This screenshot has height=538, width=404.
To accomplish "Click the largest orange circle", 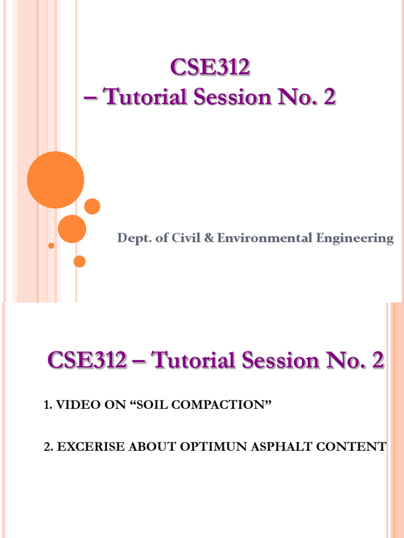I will point(55,180).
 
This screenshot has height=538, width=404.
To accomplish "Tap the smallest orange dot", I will point(51,245).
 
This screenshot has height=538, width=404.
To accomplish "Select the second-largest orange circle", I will point(72,229).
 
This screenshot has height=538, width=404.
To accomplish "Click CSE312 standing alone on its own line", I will point(210,69).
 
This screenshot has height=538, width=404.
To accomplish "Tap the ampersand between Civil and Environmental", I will point(208,239).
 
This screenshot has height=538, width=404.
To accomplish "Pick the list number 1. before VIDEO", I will point(47,405).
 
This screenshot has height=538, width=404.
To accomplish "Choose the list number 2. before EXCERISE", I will point(48,447).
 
